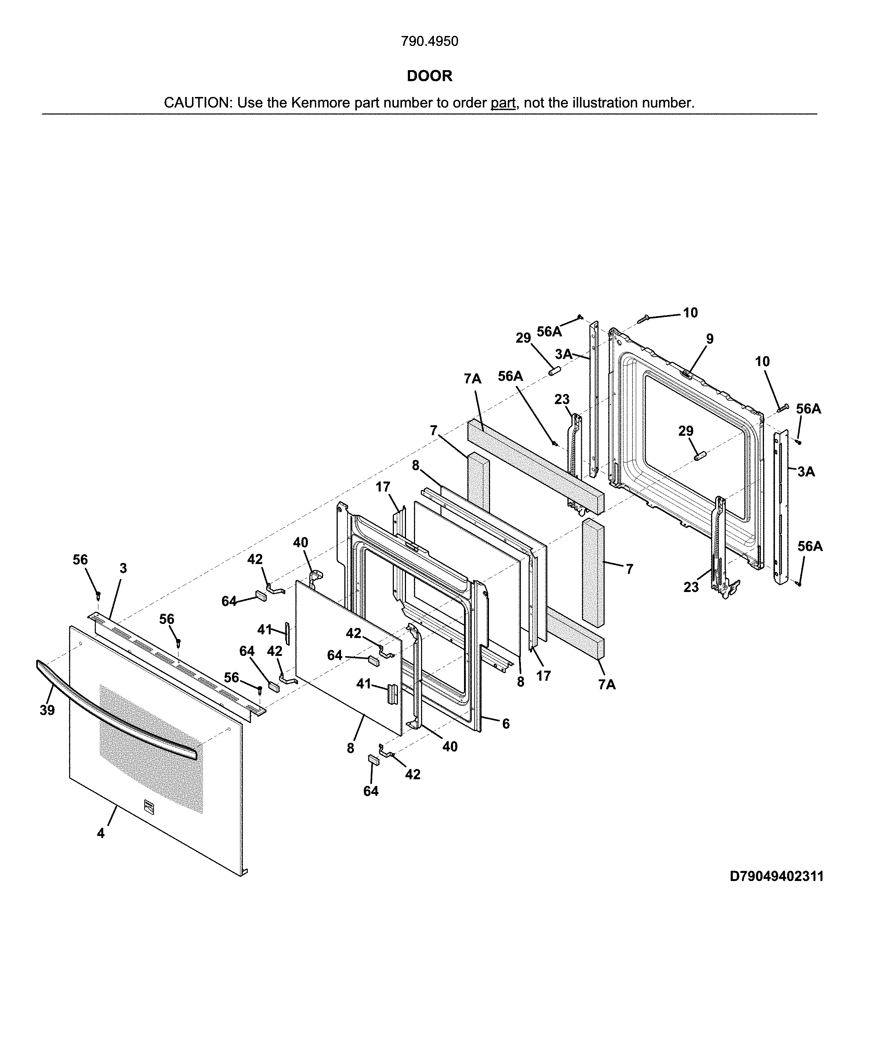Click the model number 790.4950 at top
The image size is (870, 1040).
(x=429, y=41)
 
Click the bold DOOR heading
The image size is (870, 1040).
(x=429, y=76)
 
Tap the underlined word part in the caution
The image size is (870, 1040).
(x=503, y=103)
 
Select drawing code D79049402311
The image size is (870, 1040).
(x=776, y=877)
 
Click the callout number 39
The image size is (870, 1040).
(x=47, y=710)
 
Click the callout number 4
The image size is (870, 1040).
(x=101, y=834)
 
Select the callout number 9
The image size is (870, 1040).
(x=710, y=339)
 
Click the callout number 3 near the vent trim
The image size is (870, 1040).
(x=123, y=568)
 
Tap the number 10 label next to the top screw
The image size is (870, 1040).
(x=690, y=313)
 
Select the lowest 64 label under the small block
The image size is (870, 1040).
(x=371, y=791)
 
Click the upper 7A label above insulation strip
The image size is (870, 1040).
(x=472, y=379)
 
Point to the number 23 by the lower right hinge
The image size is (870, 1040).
(x=691, y=587)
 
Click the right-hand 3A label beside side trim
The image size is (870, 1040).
(x=806, y=472)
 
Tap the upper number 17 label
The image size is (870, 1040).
(x=383, y=487)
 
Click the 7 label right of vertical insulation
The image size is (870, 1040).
(x=629, y=569)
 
